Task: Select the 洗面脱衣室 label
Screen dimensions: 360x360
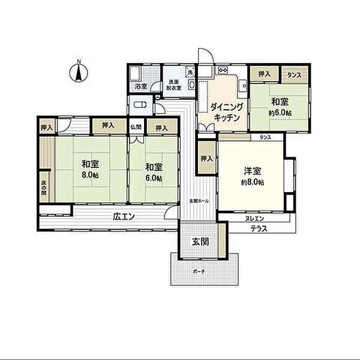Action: (173, 86)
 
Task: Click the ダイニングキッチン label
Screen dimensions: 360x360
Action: (226, 112)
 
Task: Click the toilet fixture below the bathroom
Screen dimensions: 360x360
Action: (140, 106)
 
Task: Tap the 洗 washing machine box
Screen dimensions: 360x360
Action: (190, 73)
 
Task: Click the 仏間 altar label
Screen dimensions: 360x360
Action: (136, 127)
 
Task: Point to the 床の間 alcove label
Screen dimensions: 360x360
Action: (44, 188)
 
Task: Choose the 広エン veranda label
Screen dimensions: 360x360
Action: (122, 217)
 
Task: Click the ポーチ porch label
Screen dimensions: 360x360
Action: (199, 271)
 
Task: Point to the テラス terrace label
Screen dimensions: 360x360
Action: (259, 229)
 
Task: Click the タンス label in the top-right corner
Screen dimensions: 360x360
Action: (294, 75)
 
